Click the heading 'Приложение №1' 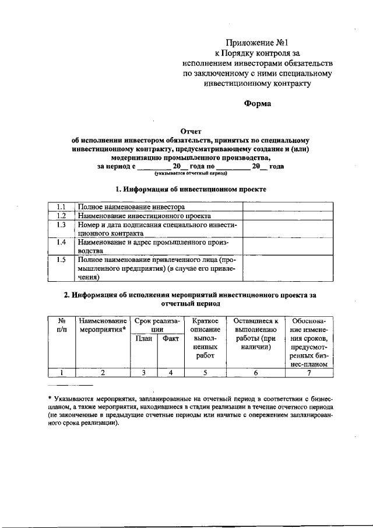pyautogui.click(x=257, y=42)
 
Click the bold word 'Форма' pyautogui.click(x=257, y=104)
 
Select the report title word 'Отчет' pyautogui.click(x=191, y=132)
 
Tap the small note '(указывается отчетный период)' pyautogui.click(x=191, y=174)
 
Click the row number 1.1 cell pyautogui.click(x=61, y=207)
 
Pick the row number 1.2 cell pyautogui.click(x=61, y=215)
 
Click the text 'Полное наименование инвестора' pyautogui.click(x=131, y=207)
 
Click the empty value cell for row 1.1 pyautogui.click(x=288, y=207)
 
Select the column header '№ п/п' pyautogui.click(x=61, y=325)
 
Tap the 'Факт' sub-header pyautogui.click(x=171, y=338)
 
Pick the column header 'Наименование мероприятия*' pyautogui.click(x=103, y=325)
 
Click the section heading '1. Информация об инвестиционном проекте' pyautogui.click(x=191, y=190)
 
